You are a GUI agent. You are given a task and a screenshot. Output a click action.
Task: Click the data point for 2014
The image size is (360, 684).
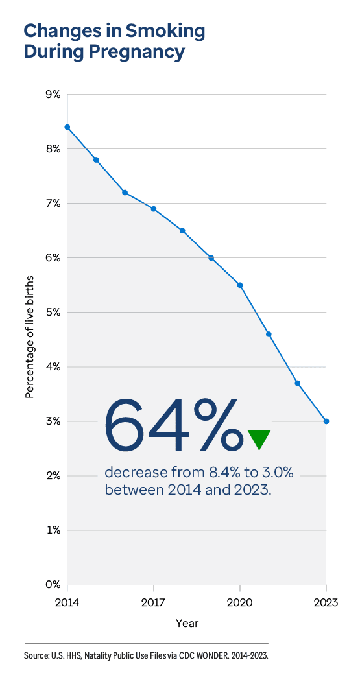[67, 127]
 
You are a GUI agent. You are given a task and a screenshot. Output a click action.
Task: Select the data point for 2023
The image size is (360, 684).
[326, 421]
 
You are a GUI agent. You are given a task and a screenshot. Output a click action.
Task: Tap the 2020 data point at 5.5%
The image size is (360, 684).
[240, 285]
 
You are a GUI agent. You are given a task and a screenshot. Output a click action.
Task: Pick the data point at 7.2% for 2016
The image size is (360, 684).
[125, 193]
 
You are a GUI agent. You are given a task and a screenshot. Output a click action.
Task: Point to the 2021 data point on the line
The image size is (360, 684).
[269, 334]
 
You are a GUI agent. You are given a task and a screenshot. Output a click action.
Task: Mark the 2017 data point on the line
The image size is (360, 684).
[154, 209]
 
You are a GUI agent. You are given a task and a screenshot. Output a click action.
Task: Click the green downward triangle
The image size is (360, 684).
[259, 439]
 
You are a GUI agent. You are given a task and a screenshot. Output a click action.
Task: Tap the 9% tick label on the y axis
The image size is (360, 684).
[53, 95]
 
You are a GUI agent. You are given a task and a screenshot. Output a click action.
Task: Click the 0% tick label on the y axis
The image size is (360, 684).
[53, 585]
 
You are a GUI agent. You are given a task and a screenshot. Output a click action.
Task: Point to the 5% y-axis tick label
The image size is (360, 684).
[53, 313]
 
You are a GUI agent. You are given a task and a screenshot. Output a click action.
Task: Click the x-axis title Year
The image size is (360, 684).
[187, 624]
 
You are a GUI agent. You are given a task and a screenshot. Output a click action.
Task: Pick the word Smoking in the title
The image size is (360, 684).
[165, 30]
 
